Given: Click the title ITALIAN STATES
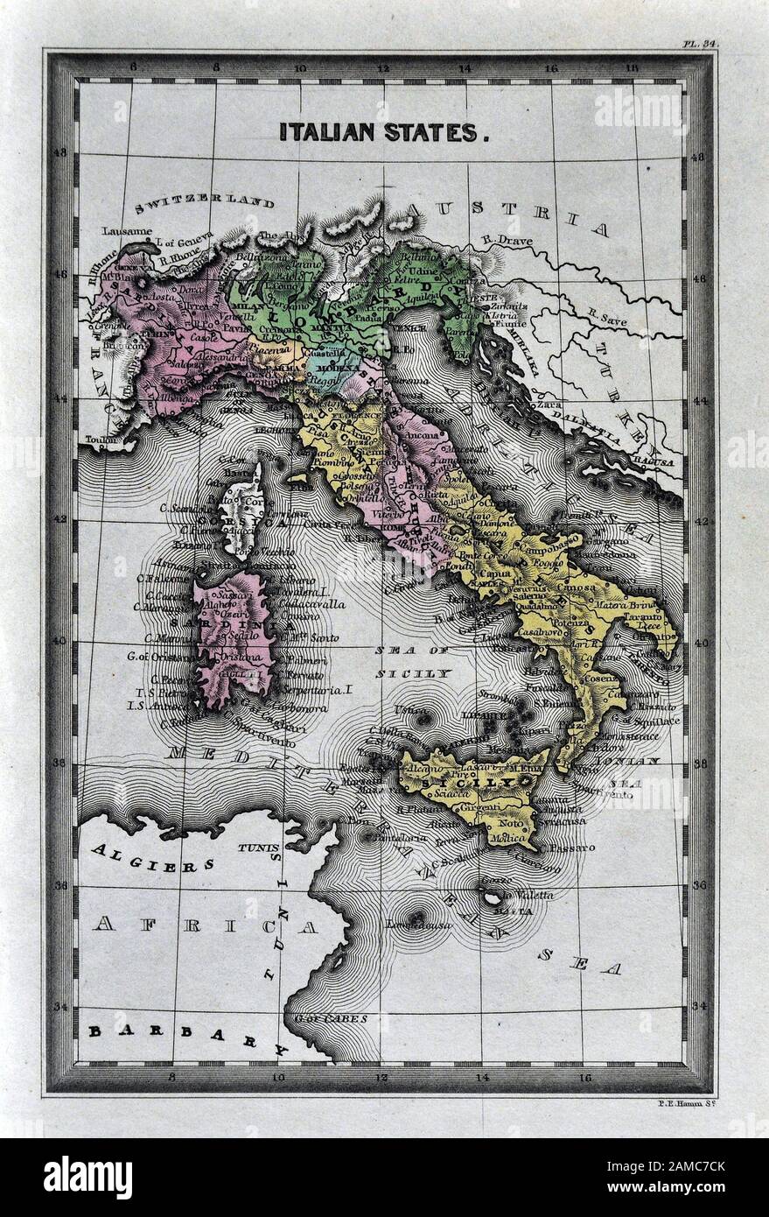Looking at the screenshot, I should pos(383,132).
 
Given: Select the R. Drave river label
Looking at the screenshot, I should pos(505,239).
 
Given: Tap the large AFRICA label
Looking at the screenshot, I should pos(206,925).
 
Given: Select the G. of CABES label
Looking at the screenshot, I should pos(332,1018).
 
